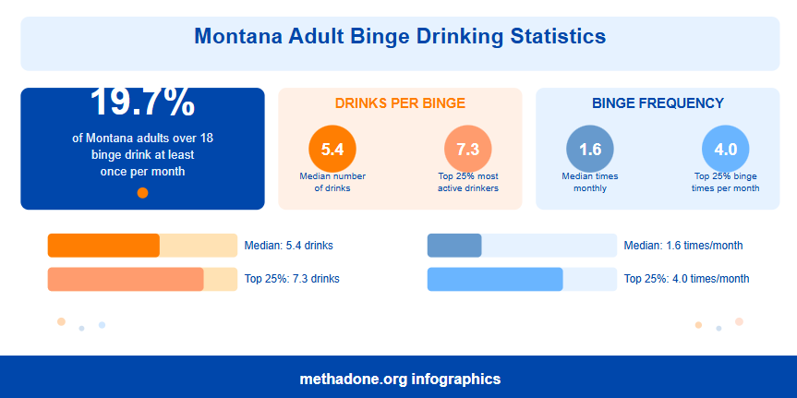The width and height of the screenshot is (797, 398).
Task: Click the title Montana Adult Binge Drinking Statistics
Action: coord(399,37)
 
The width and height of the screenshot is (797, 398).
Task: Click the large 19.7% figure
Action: coord(142,103)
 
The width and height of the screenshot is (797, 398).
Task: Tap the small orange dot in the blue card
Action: coord(142,193)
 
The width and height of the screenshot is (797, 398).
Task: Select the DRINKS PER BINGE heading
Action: coord(400,103)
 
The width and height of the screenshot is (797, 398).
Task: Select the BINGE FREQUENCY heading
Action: coord(658,103)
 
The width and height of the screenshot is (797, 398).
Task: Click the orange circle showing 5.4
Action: coord(332,149)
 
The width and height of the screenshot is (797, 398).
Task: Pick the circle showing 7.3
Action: coord(468,149)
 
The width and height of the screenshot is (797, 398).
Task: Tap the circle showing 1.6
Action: coord(589,149)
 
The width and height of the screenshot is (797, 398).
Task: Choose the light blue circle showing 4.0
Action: coord(725,149)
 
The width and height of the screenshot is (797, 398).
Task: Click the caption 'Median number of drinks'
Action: coord(332,182)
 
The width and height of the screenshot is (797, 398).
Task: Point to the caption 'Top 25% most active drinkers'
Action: coord(468,182)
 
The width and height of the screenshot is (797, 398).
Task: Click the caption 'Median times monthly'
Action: coord(589,182)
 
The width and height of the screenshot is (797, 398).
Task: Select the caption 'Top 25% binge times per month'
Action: coord(725,182)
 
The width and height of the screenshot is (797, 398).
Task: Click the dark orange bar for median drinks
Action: coord(103,246)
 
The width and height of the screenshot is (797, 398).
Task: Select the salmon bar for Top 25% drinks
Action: coord(126,279)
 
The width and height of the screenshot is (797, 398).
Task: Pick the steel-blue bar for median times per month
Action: coord(454,246)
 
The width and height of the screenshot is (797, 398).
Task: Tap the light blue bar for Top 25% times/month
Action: coord(495,279)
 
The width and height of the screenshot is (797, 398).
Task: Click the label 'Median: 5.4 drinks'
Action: coord(288,246)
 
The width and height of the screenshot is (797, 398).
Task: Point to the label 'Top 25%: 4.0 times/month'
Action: coord(686,279)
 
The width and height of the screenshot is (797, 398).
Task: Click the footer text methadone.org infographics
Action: coord(399,379)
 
